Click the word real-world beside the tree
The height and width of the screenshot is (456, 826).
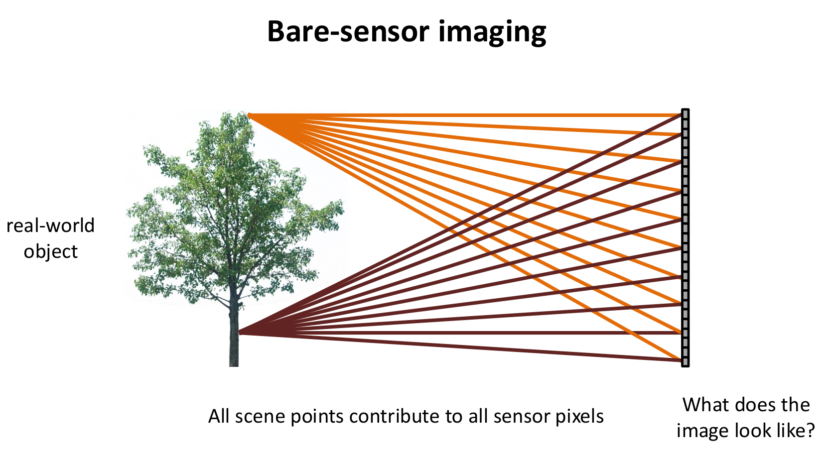[x=50, y=226]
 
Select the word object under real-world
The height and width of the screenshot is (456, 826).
[x=50, y=251]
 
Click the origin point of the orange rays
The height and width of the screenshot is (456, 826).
[x=249, y=115]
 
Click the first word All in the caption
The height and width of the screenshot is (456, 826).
[x=218, y=416]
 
